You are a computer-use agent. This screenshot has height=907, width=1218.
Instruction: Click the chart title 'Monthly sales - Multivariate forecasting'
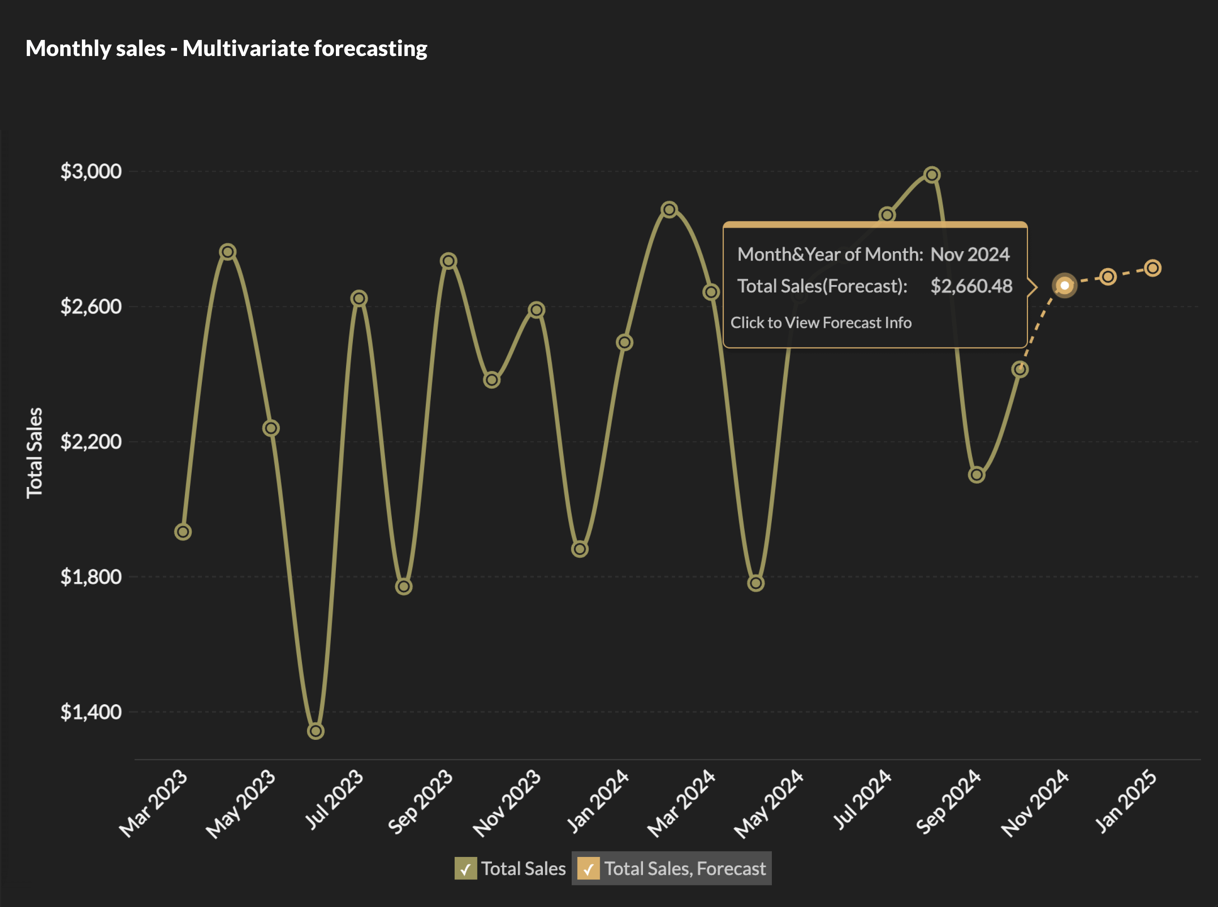[226, 48]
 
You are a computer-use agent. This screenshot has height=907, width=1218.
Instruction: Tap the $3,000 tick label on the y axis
[91, 171]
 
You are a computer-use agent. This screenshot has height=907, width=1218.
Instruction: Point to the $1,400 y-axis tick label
[91, 712]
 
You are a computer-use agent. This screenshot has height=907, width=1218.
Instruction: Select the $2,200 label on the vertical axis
[91, 442]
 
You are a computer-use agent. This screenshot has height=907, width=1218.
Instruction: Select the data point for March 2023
[183, 532]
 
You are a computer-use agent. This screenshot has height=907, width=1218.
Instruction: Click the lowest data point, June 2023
[316, 731]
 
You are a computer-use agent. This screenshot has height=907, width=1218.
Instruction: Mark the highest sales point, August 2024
[931, 175]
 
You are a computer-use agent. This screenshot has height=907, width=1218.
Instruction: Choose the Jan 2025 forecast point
[1153, 269]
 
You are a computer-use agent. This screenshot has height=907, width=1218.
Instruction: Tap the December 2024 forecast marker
[1108, 277]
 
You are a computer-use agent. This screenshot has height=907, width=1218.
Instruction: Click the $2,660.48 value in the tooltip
[971, 286]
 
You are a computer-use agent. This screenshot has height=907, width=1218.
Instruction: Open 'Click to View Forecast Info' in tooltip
[821, 323]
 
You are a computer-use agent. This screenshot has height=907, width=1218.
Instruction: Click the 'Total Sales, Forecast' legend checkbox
[588, 868]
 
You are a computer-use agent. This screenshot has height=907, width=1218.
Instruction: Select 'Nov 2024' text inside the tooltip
[970, 254]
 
